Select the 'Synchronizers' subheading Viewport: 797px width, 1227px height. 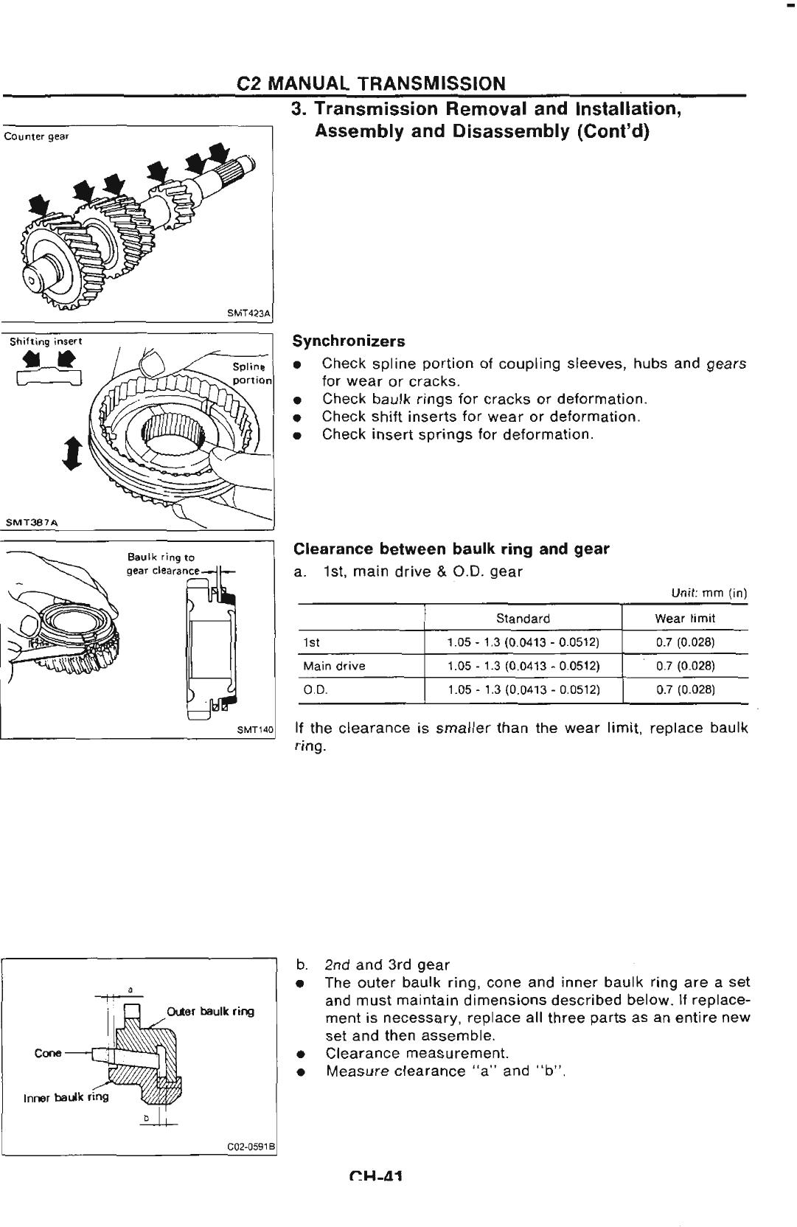pos(349,341)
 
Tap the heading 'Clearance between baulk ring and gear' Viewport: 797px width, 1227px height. pos(451,549)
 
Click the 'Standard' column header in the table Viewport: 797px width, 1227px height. pos(523,619)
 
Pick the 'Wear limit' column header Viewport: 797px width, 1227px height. pos(685,619)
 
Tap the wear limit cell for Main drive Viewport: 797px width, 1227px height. pos(685,666)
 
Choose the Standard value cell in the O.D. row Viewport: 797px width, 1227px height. pos(523,690)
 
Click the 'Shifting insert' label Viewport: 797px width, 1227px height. pos(46,341)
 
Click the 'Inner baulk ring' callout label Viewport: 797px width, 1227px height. pos(66,1096)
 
